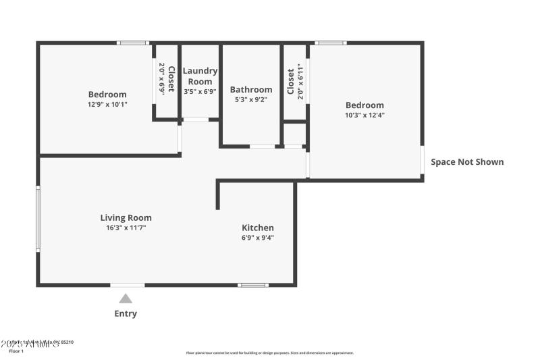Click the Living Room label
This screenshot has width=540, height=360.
click(126, 217)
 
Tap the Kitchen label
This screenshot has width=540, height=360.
click(258, 228)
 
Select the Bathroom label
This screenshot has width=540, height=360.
click(251, 89)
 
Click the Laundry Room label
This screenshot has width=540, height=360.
click(200, 76)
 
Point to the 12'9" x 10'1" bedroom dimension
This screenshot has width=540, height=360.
click(107, 105)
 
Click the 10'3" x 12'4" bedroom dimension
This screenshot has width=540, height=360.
click(364, 115)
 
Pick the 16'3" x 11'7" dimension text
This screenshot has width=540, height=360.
click(126, 228)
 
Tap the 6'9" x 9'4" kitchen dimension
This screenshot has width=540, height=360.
click(258, 238)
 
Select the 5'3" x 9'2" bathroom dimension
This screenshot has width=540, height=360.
click(251, 99)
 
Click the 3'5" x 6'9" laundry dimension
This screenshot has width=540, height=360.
click(200, 91)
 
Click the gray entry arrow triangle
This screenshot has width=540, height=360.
click(126, 299)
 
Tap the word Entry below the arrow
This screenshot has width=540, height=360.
click(126, 313)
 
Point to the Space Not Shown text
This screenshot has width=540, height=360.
click(467, 162)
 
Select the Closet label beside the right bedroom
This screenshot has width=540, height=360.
click(291, 82)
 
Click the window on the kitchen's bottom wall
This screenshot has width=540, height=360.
click(253, 285)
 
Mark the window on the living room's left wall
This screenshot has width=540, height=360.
click(38, 220)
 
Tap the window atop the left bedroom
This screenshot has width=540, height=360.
click(132, 43)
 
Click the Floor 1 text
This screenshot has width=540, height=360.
click(16, 351)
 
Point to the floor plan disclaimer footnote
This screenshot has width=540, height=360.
click(269, 353)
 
